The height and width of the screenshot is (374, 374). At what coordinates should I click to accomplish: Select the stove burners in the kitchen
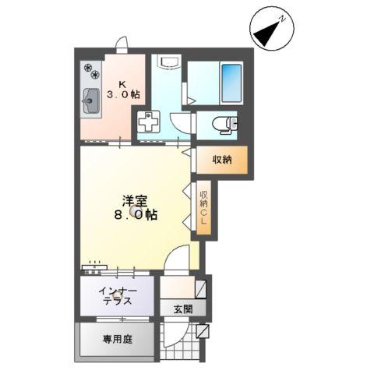tap(91, 73)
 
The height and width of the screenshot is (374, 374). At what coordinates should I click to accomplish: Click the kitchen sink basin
tap(90, 99)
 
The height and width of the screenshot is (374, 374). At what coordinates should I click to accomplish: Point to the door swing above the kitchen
tap(121, 44)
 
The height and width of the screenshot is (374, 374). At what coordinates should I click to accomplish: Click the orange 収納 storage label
tap(222, 160)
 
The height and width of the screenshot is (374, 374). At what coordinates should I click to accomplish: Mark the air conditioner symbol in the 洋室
tap(96, 266)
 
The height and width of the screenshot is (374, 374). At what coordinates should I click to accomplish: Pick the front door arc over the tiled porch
tap(178, 339)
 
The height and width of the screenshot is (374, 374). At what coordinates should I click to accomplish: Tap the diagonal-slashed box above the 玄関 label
tap(201, 290)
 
